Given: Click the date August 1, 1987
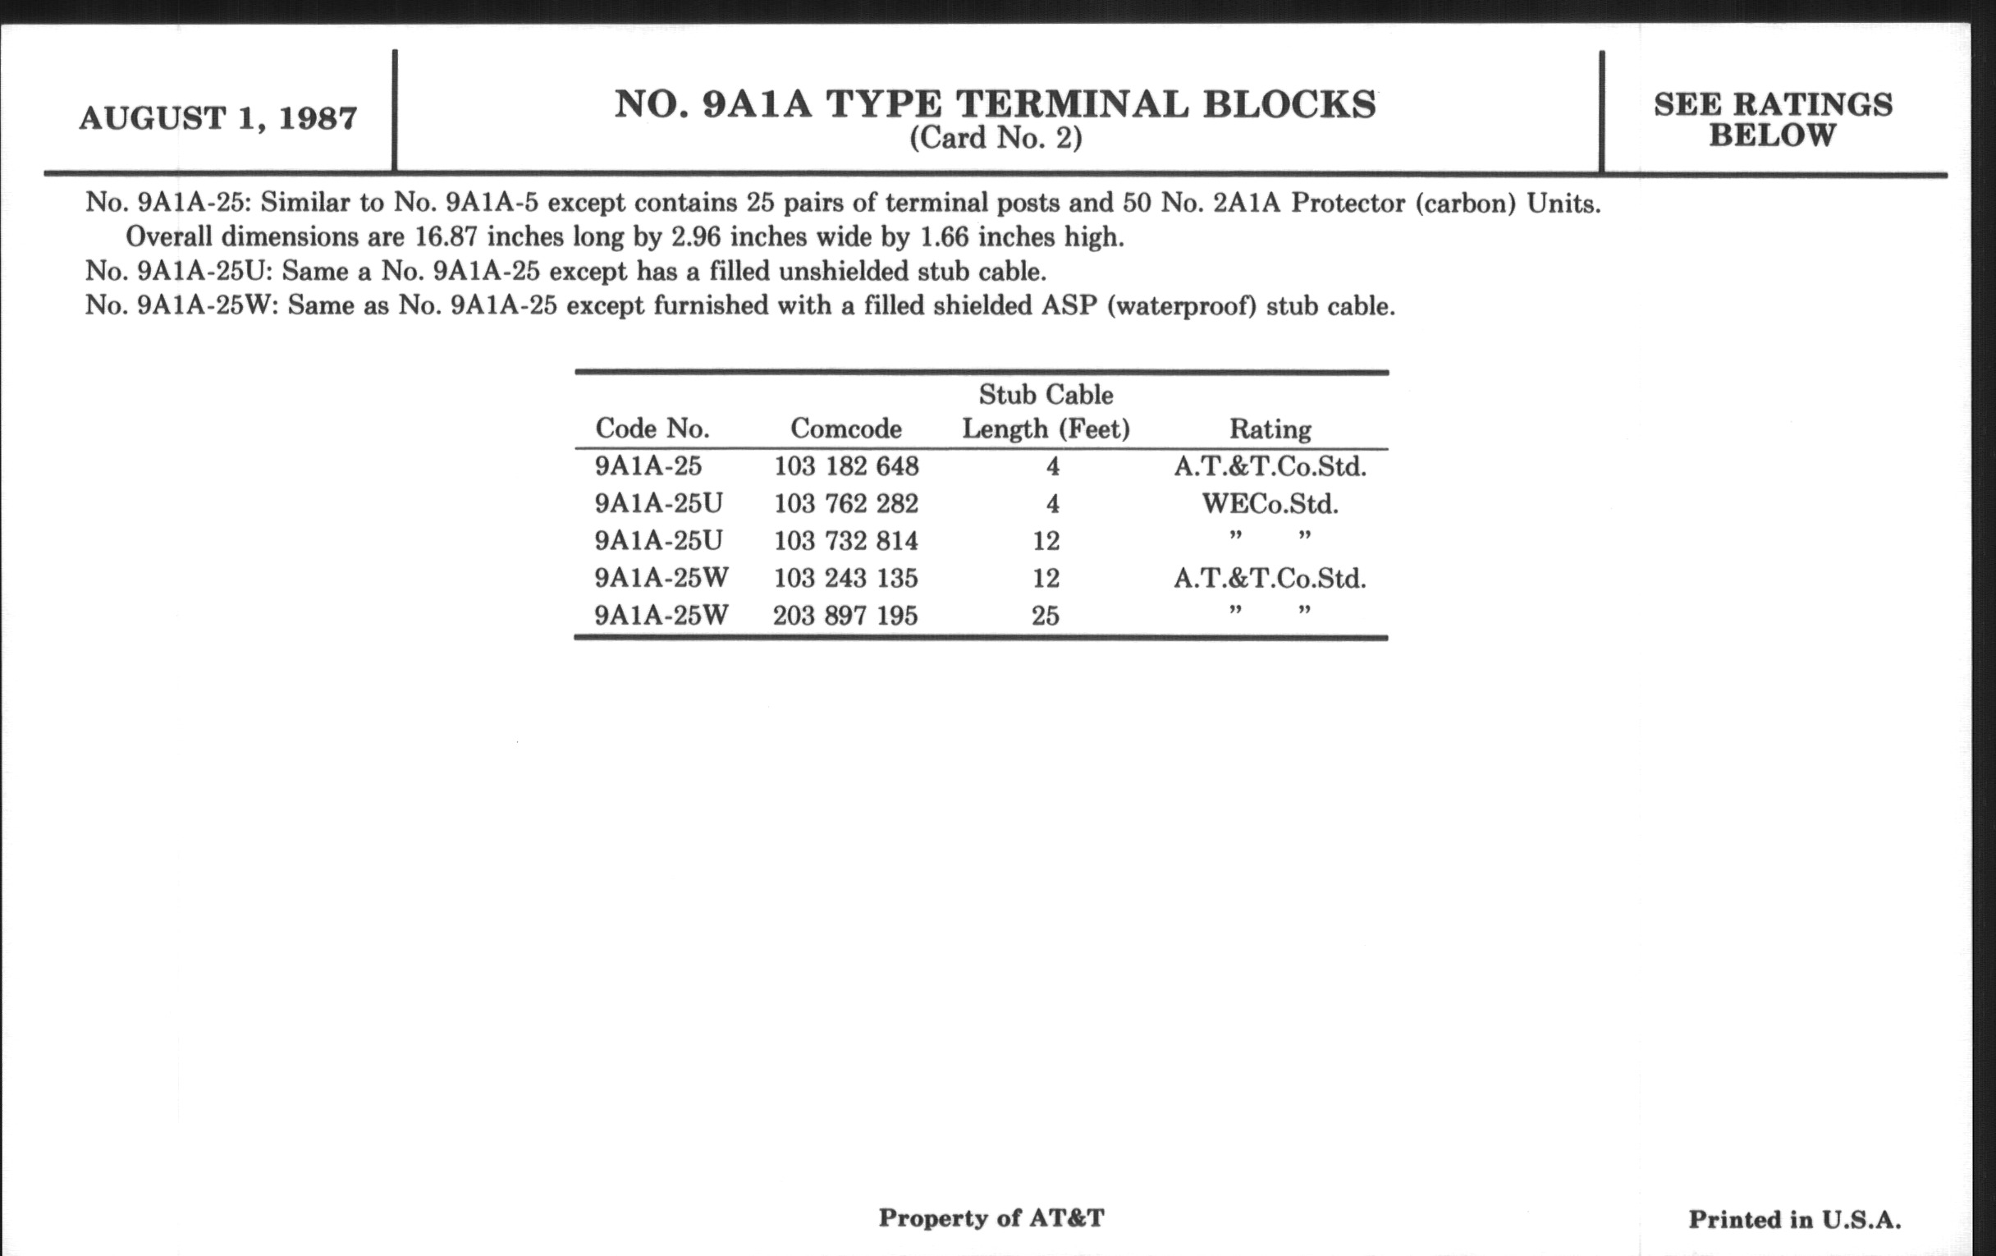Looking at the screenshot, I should point(218,118).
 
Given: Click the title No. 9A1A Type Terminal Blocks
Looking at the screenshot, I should point(995,104).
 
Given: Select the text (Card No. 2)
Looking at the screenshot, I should point(996,138).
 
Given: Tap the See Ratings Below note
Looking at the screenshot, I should point(1773,119).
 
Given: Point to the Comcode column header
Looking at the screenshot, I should point(845,429).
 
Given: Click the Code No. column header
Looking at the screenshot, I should point(652,429).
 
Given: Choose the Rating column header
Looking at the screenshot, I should point(1270,429).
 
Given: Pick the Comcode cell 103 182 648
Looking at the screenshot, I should point(846,467).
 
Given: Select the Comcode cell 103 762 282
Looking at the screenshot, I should point(846,504).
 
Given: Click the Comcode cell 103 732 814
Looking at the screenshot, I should point(846,541).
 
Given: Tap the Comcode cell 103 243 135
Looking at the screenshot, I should point(846,578).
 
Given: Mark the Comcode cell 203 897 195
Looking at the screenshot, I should point(845,616).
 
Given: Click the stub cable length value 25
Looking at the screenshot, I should point(1046,616).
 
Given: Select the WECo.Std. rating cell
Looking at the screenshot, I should point(1270,504).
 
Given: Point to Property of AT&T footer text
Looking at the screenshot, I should point(991,1218).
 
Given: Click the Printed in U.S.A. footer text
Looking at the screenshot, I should point(1795,1220).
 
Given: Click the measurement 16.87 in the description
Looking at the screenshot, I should point(446,238).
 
